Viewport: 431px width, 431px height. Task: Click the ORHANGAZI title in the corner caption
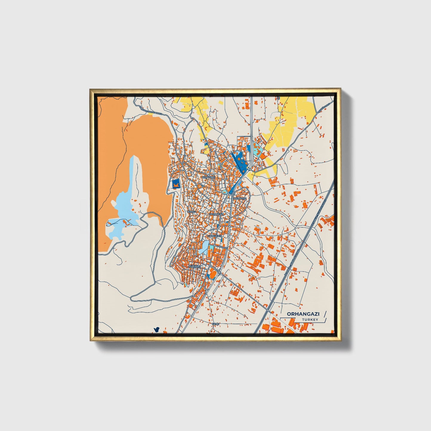(299, 314)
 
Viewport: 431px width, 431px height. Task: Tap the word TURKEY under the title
(310, 320)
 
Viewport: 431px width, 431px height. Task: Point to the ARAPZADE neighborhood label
(208, 177)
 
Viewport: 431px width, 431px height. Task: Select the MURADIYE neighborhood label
(240, 198)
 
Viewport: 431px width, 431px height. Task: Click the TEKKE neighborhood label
(191, 211)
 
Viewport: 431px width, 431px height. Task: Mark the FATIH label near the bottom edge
(215, 324)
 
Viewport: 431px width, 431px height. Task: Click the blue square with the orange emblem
(176, 184)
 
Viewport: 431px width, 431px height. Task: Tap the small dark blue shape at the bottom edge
(156, 330)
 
